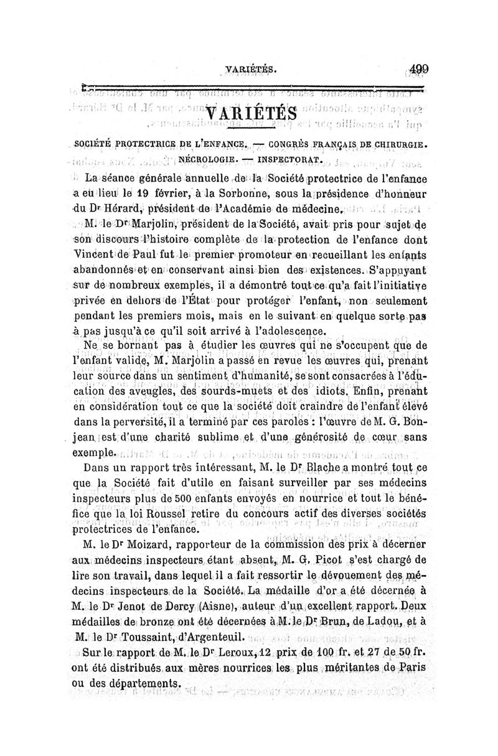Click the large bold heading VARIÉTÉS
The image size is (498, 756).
pos(250,114)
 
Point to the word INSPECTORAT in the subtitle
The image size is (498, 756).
pos(286,159)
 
